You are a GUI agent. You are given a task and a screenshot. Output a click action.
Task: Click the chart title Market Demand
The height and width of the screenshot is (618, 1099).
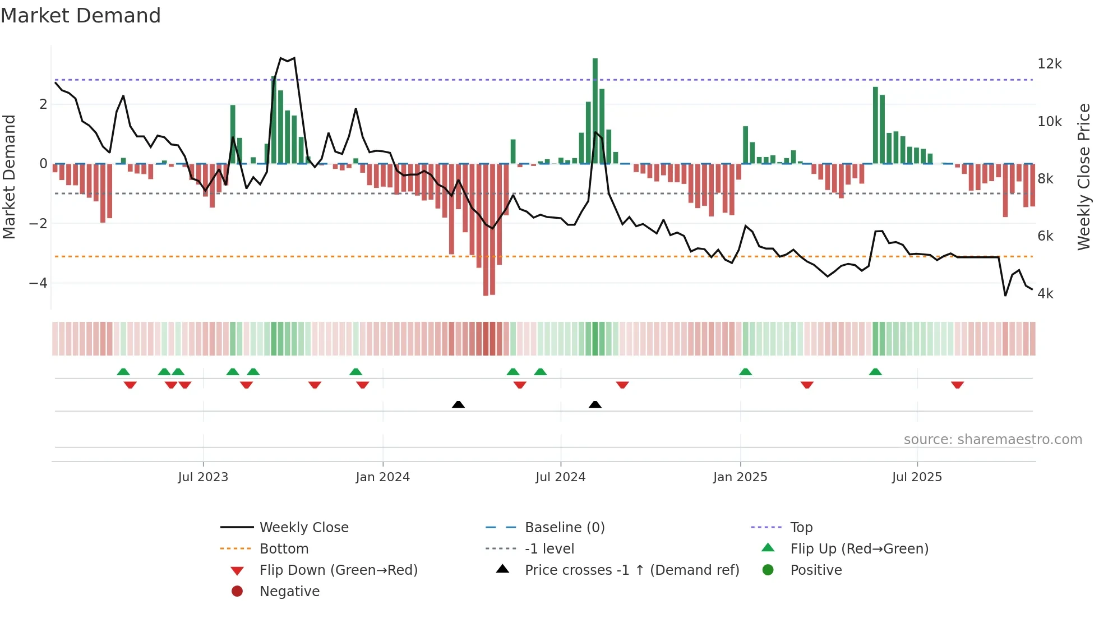click(81, 16)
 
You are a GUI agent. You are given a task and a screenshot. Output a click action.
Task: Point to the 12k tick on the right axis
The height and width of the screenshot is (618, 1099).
click(1049, 64)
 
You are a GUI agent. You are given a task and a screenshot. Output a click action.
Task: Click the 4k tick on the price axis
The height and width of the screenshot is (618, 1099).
click(1045, 294)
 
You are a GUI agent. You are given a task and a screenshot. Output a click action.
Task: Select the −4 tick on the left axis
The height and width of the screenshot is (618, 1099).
click(38, 283)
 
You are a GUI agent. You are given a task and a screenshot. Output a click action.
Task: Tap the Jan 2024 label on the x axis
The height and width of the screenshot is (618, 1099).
click(382, 477)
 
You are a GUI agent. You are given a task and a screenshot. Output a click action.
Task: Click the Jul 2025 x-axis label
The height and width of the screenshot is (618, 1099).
click(917, 477)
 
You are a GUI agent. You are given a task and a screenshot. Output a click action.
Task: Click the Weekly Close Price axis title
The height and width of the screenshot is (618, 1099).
click(1083, 177)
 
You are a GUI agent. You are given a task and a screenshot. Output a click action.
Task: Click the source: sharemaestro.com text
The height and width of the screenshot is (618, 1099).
click(992, 440)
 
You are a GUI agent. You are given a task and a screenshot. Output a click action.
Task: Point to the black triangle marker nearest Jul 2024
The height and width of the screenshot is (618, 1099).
click(595, 404)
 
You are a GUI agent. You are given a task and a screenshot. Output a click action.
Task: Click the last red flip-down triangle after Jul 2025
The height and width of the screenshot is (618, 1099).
click(957, 385)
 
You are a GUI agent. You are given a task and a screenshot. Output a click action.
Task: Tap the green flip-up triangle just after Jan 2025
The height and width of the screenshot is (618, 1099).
click(745, 372)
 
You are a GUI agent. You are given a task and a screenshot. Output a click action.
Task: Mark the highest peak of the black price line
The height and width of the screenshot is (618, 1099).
click(294, 58)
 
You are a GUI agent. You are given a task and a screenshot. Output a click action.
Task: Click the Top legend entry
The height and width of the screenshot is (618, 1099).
click(801, 528)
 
